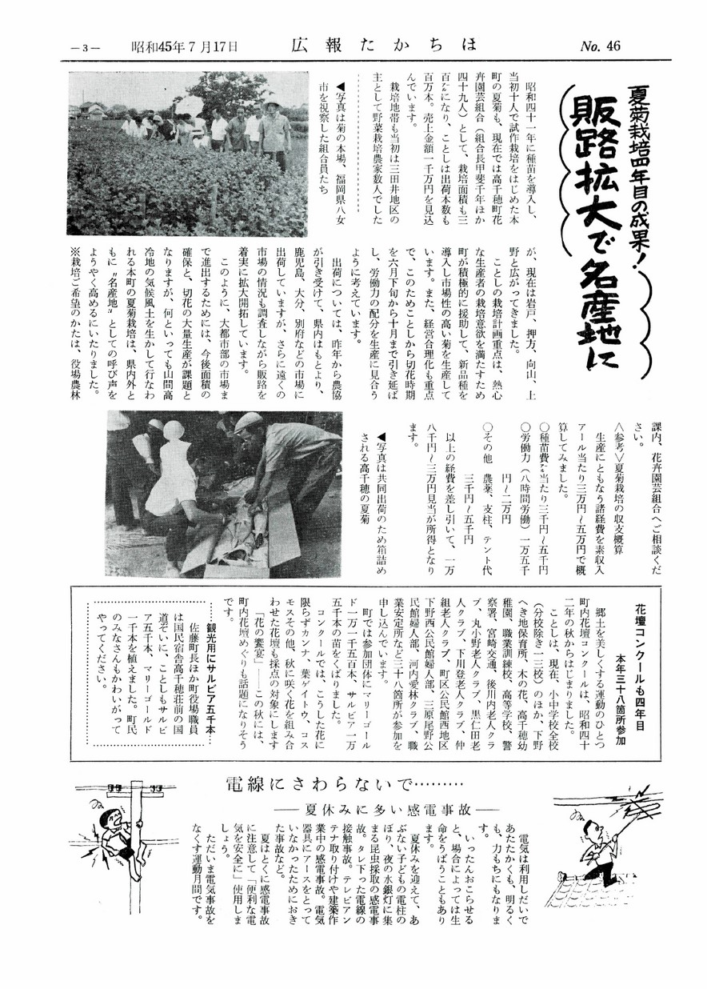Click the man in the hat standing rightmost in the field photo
coord(274,132)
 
